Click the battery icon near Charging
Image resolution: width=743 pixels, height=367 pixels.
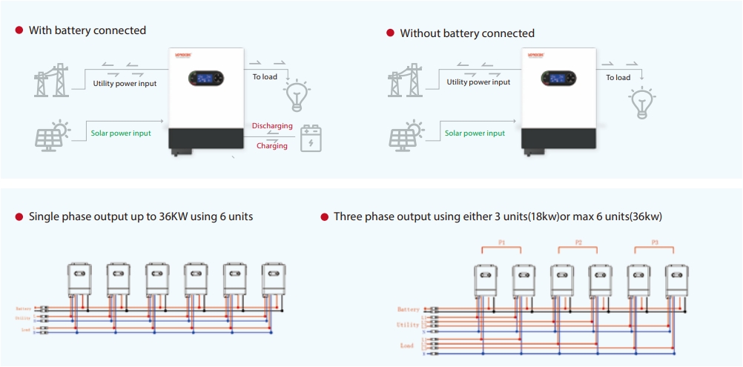311,139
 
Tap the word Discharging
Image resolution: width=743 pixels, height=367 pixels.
272,126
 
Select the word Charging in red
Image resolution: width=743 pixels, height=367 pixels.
272,146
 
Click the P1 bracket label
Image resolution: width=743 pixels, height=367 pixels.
501,242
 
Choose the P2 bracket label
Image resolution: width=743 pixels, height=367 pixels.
578,242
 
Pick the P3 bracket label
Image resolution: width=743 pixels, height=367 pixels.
655,242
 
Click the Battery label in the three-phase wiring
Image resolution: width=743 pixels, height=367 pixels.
409,309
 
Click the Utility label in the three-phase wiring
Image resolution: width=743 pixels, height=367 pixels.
408,325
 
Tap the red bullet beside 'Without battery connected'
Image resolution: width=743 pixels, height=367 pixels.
390,33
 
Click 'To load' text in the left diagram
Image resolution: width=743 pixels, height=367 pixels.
265,76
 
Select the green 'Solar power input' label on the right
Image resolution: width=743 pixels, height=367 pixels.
475,133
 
